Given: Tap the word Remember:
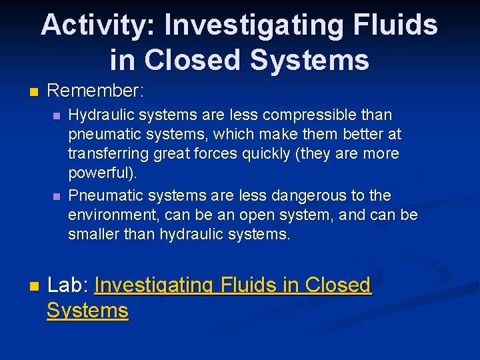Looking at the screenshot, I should (96, 90).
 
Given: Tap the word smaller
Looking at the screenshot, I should (92, 235).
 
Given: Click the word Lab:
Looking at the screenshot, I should (69, 285).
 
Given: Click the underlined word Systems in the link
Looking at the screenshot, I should (87, 311).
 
